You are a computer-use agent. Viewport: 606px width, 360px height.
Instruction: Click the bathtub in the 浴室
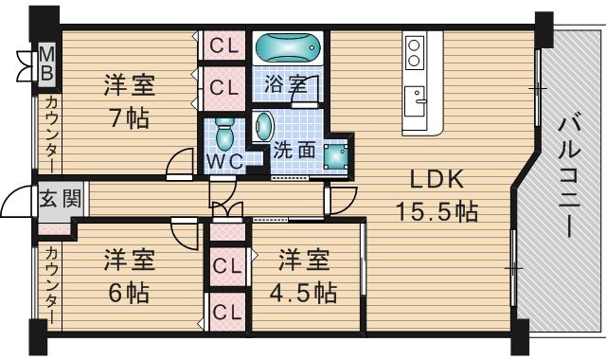click(288, 47)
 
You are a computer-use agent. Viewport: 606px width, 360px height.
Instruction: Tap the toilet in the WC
click(223, 134)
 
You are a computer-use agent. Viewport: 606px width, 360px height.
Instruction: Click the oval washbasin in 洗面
click(264, 126)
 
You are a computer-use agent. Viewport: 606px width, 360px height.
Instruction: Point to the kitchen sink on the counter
click(415, 101)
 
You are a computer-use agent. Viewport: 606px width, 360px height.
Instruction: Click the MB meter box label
click(46, 63)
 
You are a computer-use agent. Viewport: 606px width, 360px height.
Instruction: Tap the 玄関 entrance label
click(61, 199)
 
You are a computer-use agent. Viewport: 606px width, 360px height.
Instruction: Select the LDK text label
click(437, 180)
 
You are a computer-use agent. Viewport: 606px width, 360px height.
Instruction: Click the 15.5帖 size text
click(437, 211)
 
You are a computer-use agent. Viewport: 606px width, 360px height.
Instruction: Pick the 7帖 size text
click(129, 117)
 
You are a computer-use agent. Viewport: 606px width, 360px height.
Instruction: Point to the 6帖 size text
click(129, 293)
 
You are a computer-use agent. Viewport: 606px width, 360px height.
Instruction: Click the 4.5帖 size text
click(304, 293)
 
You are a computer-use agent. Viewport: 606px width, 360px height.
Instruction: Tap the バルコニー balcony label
click(570, 177)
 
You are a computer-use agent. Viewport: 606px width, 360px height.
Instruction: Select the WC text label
click(224, 161)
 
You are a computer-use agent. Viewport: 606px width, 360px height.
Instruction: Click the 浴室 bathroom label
click(286, 84)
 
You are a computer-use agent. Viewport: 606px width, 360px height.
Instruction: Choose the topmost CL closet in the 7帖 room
click(224, 46)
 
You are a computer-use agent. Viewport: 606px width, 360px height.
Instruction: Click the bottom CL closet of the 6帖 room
click(227, 312)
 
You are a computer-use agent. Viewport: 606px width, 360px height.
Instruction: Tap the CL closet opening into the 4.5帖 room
click(227, 266)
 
